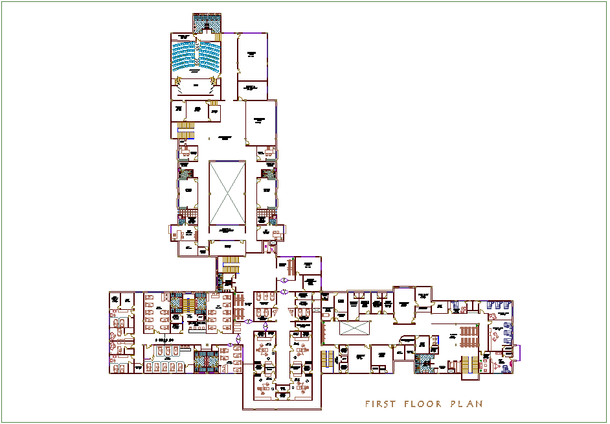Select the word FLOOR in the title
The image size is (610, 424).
click(424, 404)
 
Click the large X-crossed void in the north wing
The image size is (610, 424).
click(227, 192)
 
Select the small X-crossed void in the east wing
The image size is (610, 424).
click(354, 327)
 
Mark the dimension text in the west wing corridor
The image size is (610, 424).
click(166, 339)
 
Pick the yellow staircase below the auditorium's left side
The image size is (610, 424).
click(186, 130)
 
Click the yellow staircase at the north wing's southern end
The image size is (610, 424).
click(231, 265)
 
